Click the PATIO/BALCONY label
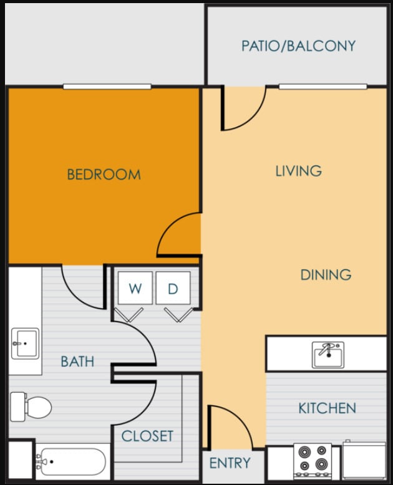(298, 46)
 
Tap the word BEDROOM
(104, 175)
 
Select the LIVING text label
(298, 171)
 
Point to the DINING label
(326, 275)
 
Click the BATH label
(77, 361)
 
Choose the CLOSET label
(147, 436)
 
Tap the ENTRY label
(230, 463)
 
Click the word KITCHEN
(327, 408)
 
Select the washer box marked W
(135, 288)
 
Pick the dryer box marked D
(173, 288)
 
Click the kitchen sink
(327, 355)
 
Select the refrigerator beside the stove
(364, 461)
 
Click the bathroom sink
(25, 342)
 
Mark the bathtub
(70, 462)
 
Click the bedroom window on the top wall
(107, 87)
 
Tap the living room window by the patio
(323, 87)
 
